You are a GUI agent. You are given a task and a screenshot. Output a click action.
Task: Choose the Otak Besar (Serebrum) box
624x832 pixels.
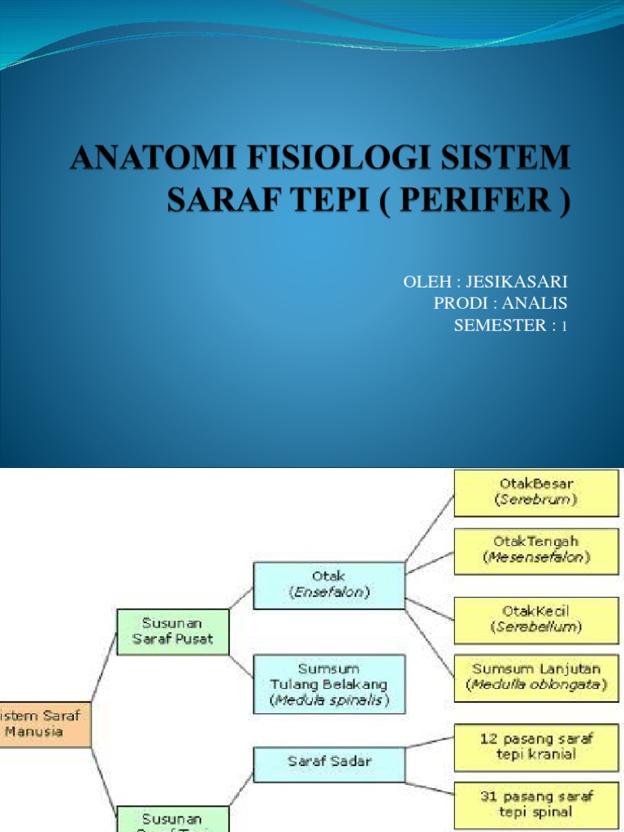[536, 492]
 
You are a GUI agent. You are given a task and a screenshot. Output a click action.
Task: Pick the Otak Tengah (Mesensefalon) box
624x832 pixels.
[536, 548]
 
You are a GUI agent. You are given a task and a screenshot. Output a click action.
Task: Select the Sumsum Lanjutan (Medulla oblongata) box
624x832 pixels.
[536, 678]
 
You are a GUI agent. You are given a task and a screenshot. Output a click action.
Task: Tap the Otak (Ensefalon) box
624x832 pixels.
[329, 585]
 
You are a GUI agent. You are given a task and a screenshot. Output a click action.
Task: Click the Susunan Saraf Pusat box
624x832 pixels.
[172, 631]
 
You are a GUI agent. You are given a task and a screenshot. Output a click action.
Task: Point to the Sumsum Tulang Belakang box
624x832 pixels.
[329, 683]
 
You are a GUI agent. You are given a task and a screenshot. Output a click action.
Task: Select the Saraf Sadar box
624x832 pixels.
[329, 761]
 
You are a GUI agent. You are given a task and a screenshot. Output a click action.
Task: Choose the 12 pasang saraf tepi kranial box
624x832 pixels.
[536, 746]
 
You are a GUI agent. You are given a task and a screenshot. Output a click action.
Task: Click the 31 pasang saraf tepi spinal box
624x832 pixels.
[536, 804]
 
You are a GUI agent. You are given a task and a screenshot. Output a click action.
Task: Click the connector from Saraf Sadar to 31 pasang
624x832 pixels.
[429, 783]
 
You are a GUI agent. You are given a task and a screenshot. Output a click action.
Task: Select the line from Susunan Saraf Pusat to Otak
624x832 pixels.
[240, 596]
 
